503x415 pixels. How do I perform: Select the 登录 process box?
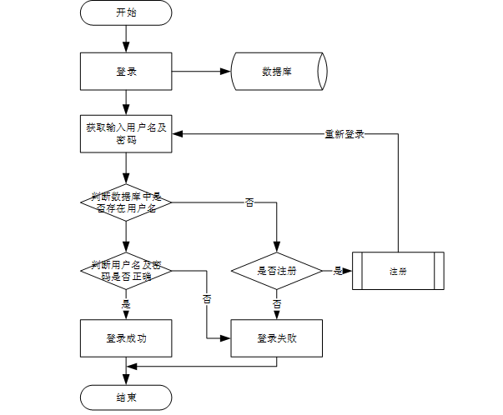(x=126, y=72)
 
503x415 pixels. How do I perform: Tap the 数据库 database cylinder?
(x=278, y=72)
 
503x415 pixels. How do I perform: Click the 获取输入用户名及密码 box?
(x=126, y=133)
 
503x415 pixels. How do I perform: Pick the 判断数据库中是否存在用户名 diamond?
(x=126, y=201)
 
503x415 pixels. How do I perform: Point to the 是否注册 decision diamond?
(x=277, y=270)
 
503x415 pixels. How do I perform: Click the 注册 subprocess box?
(x=398, y=270)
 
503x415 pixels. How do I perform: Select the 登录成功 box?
(x=126, y=337)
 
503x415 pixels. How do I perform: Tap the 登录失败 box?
(x=277, y=337)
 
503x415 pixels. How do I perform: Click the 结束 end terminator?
(x=126, y=397)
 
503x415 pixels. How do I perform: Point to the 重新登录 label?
(x=344, y=133)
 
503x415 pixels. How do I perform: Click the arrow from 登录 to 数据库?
(x=201, y=72)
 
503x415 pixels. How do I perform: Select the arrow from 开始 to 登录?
(x=126, y=38)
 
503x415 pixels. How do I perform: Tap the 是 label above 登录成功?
(x=126, y=304)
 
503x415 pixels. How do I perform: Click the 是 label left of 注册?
(x=338, y=270)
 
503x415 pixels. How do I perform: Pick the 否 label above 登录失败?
(x=277, y=304)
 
